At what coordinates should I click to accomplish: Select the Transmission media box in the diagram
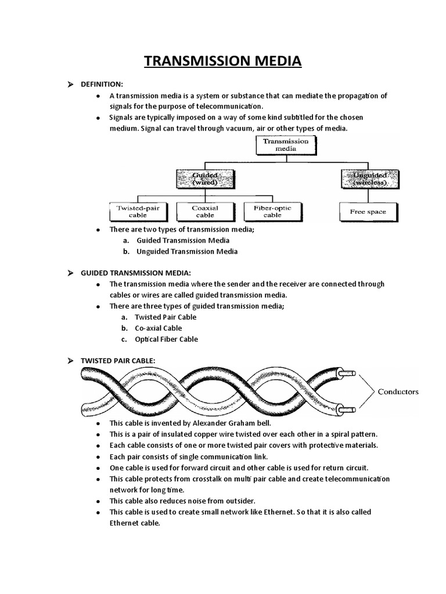pyautogui.click(x=286, y=144)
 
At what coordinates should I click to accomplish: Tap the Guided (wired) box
pyautogui.click(x=205, y=179)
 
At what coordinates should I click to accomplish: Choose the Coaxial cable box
pyautogui.click(x=205, y=211)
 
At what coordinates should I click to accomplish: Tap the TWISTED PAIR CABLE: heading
pyautogui.click(x=118, y=361)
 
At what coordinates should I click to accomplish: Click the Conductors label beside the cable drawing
pyautogui.click(x=398, y=392)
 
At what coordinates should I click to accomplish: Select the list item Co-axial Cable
pyautogui.click(x=158, y=328)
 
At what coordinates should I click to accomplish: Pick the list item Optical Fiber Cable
pyautogui.click(x=166, y=339)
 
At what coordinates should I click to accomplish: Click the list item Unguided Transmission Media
pyautogui.click(x=187, y=252)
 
